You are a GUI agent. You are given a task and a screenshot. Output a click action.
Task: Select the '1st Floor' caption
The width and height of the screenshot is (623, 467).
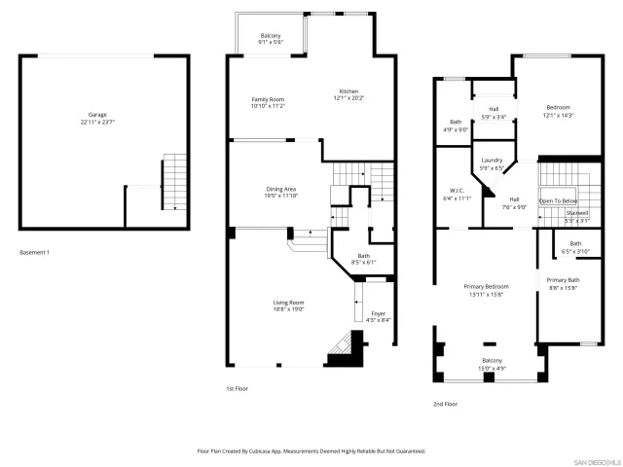point(238,387)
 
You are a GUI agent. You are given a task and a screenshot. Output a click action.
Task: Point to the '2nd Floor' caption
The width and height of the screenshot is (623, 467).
point(445,403)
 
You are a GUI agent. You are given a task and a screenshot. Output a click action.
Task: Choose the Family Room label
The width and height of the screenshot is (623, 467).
point(268,102)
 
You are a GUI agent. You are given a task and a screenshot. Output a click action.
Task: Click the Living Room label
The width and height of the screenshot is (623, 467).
point(288,305)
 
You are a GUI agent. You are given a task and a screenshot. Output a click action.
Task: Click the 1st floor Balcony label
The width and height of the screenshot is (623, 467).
point(270,39)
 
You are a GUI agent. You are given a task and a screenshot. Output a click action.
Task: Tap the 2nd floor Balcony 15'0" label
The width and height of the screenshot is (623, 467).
point(492,363)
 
